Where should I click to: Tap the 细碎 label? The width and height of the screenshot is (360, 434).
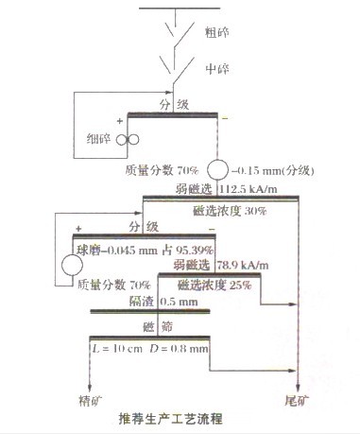tap(96, 140)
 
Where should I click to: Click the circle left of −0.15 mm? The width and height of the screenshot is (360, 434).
tap(219, 171)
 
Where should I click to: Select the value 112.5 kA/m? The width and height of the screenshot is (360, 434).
tap(251, 187)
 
